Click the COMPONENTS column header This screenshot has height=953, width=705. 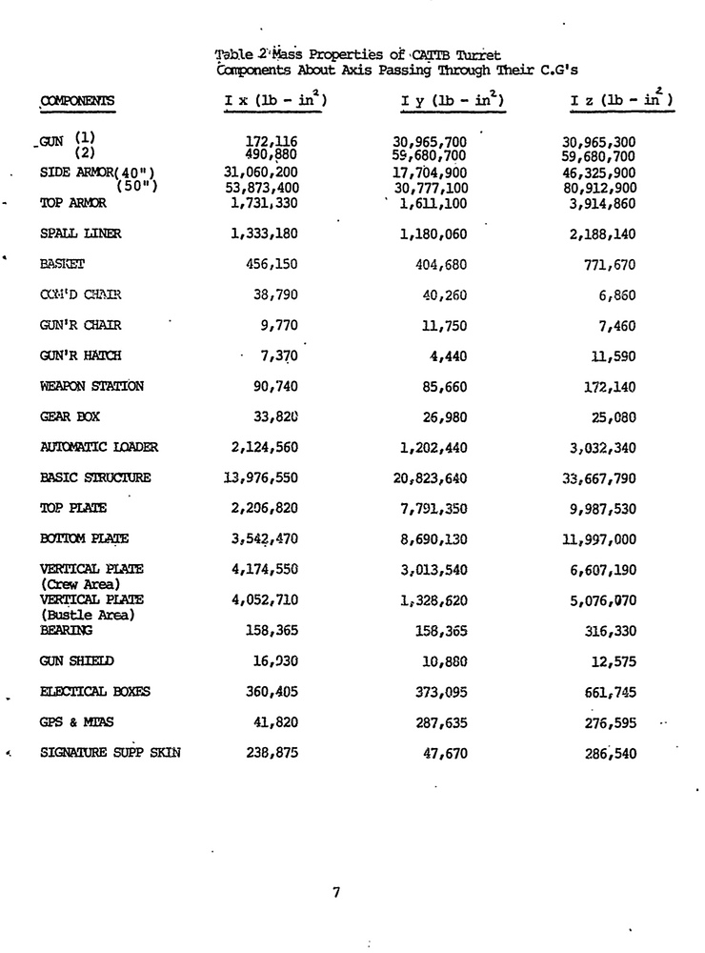pyautogui.click(x=76, y=100)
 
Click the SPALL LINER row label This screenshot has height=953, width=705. pyautogui.click(x=81, y=233)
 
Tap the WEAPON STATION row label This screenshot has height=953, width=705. pyautogui.click(x=91, y=386)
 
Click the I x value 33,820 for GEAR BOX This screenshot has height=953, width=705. pyautogui.click(x=278, y=416)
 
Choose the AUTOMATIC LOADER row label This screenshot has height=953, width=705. pyautogui.click(x=99, y=447)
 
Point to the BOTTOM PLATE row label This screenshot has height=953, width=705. pyautogui.click(x=84, y=538)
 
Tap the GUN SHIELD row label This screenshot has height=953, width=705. pyautogui.click(x=76, y=660)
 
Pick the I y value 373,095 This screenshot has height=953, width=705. pyautogui.click(x=435, y=691)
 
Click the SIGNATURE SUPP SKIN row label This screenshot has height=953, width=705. pyautogui.click(x=110, y=752)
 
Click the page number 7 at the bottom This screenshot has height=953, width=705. pyautogui.click(x=336, y=893)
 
